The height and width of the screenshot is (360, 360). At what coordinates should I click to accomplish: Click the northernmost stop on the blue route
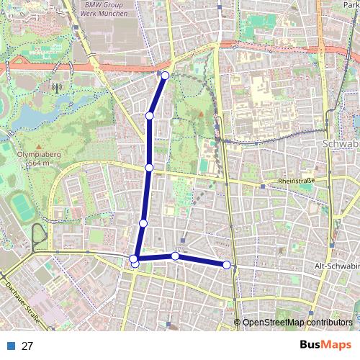pos(165,76)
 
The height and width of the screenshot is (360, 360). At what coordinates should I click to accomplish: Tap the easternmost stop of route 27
pos(227,265)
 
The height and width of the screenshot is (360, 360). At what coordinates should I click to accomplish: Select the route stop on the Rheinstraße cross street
pos(149,167)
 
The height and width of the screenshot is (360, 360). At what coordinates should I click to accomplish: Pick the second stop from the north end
pos(150,115)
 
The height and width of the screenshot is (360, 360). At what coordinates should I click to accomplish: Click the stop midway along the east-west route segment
pos(175,256)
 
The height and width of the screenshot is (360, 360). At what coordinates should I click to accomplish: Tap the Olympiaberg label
pos(27,154)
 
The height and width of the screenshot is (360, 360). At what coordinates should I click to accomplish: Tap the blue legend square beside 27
pos(12,346)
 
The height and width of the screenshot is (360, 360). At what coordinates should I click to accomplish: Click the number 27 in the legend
pos(27,346)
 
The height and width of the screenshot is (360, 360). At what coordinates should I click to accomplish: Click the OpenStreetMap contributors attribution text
pos(297,323)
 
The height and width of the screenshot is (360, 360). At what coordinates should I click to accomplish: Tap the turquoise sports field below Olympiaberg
pos(23,208)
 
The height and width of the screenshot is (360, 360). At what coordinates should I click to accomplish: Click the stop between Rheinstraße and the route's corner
pos(143,223)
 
